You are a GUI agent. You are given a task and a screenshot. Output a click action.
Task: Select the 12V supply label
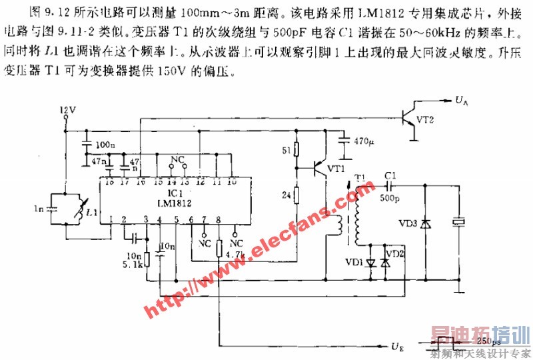coord(68,109)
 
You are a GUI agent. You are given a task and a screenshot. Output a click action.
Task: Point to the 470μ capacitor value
coord(364,141)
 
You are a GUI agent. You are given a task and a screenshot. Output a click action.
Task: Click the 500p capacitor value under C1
coord(391,198)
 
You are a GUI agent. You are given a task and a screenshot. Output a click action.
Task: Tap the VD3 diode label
coord(408,223)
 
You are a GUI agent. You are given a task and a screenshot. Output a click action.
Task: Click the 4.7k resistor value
coord(236,253)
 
